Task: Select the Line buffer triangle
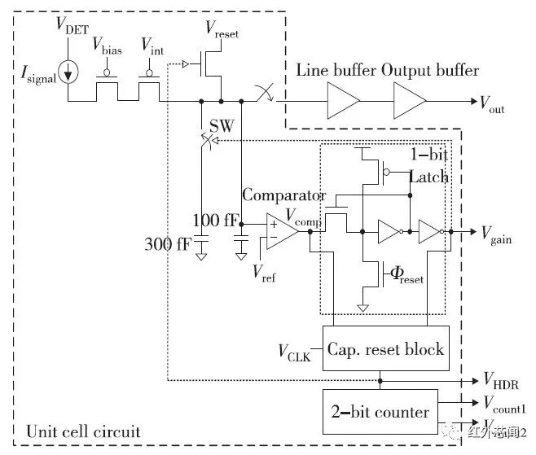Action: (342, 102)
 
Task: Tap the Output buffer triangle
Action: (410, 102)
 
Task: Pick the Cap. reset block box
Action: (385, 349)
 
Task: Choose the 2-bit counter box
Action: (380, 411)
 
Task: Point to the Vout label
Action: (491, 103)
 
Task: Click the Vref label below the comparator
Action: (264, 272)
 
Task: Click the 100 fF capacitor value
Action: (216, 221)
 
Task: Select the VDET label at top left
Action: (72, 24)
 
